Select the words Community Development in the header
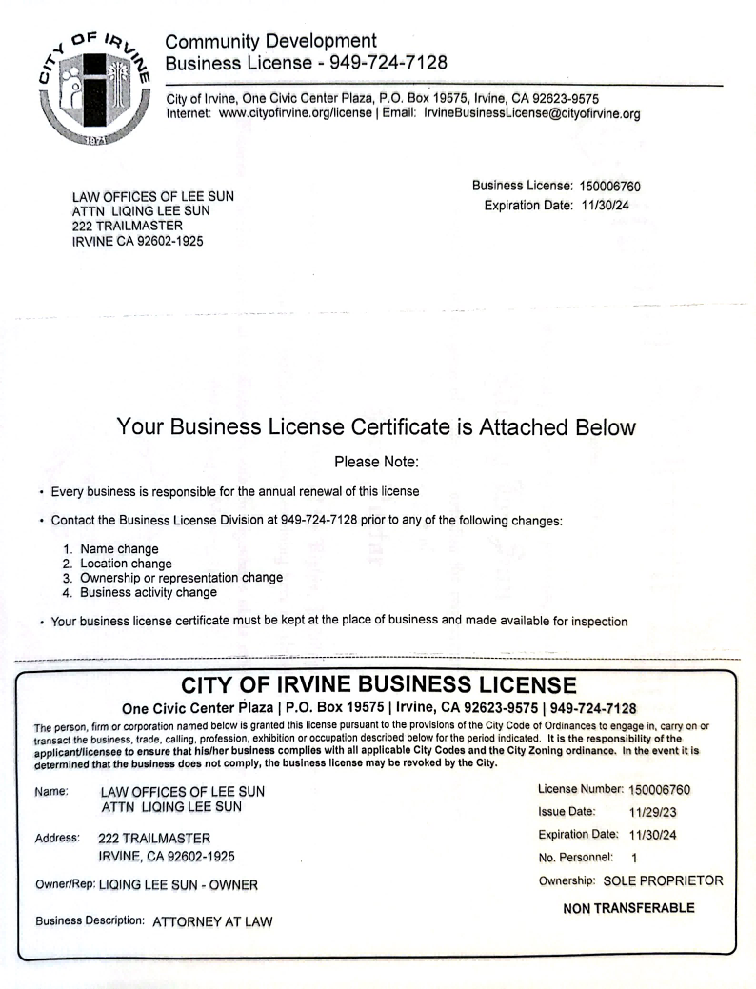click(270, 42)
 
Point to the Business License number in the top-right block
click(616, 186)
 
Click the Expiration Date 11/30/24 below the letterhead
click(606, 205)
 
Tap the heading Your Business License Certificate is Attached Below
click(375, 427)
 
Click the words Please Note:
click(377, 463)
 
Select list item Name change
click(119, 549)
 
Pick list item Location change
click(126, 564)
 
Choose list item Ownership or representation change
click(181, 578)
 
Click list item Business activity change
click(148, 592)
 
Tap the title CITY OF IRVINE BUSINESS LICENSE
click(378, 685)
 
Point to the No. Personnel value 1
click(634, 858)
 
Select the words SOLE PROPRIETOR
click(663, 880)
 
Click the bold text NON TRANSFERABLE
click(628, 908)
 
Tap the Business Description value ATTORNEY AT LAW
click(211, 921)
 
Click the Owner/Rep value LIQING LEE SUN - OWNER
click(178, 884)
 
